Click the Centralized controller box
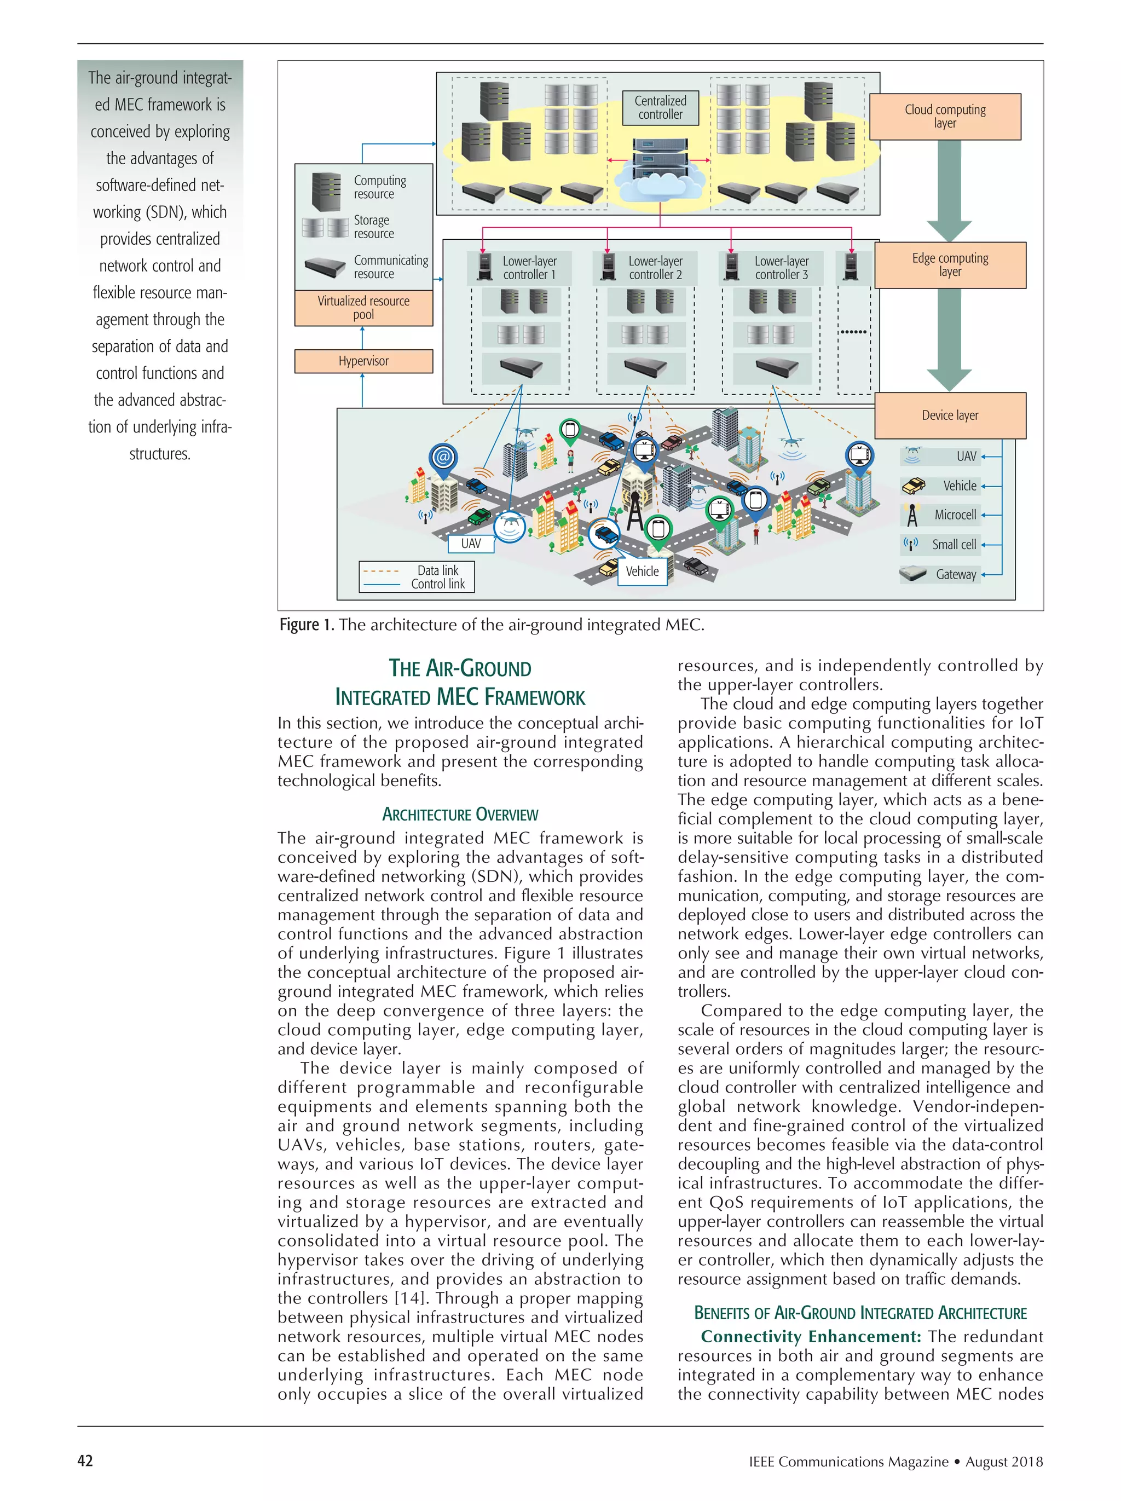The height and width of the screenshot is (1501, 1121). pos(660,108)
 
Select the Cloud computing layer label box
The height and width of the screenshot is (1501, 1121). pos(945,117)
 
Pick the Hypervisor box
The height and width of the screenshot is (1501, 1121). pos(363,361)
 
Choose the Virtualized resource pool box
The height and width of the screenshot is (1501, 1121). pos(363,308)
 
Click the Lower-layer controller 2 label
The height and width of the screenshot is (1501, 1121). pos(655,268)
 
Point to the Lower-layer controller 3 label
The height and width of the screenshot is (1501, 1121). pos(781,268)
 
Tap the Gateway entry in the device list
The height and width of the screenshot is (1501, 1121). pos(956,575)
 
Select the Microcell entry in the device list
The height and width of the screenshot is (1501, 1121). pos(955,515)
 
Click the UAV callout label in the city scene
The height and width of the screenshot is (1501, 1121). pos(471,544)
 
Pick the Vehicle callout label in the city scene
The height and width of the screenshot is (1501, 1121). pos(642,571)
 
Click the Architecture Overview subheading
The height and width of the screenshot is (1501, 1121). pos(460,815)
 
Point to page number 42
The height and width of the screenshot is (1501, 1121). pos(85,1461)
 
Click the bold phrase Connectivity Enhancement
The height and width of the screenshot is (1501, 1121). pos(810,1336)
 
